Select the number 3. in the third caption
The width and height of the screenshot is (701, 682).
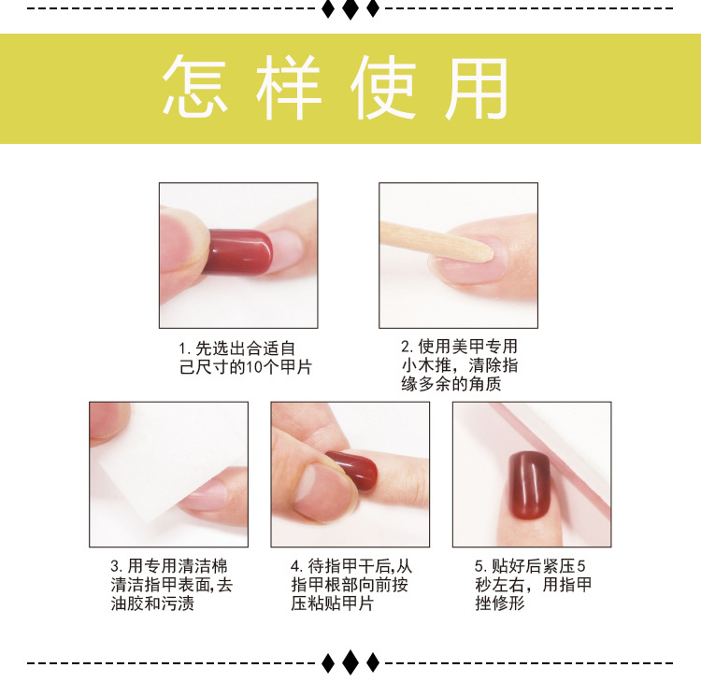[x=117, y=566]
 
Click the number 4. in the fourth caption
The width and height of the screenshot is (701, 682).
[x=296, y=566]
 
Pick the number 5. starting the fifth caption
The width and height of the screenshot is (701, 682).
[x=480, y=566]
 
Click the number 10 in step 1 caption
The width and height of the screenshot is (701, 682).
[x=258, y=367]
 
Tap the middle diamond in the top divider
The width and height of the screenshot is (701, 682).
[x=350, y=9]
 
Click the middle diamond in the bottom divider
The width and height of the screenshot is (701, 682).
[x=350, y=662]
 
